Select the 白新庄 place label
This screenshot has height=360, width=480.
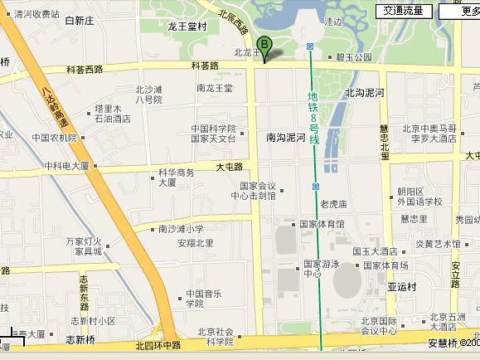point(80,21)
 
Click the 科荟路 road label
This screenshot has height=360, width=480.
point(205,65)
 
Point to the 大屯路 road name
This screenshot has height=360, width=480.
point(229,166)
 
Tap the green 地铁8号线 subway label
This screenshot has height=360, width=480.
point(314,118)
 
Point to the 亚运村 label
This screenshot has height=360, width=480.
point(402,286)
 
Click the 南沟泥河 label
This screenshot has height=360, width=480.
point(286,138)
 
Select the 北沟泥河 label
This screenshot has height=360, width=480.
point(364,92)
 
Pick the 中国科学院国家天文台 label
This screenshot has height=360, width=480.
point(213,134)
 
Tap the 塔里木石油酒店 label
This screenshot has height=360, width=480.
point(113,114)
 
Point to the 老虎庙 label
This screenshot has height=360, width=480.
point(332,203)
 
